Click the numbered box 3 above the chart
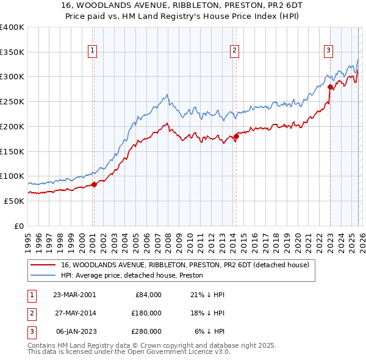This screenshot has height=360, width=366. pyautogui.click(x=328, y=51)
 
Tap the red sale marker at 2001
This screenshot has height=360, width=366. pyautogui.click(x=95, y=184)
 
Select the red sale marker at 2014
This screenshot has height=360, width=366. pyautogui.click(x=236, y=136)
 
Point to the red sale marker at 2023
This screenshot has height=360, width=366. pyautogui.click(x=330, y=87)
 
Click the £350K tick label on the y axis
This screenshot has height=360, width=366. pyautogui.click(x=12, y=52)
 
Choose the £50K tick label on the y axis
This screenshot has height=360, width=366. pyautogui.click(x=14, y=201)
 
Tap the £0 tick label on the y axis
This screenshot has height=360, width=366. pyautogui.click(x=19, y=226)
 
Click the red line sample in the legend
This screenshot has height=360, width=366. pyautogui.click(x=43, y=265)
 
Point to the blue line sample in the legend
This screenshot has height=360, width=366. pyautogui.click(x=43, y=276)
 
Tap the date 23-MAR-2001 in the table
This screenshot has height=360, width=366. pyautogui.click(x=74, y=295)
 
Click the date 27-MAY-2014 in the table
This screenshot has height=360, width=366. pyautogui.click(x=74, y=313)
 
